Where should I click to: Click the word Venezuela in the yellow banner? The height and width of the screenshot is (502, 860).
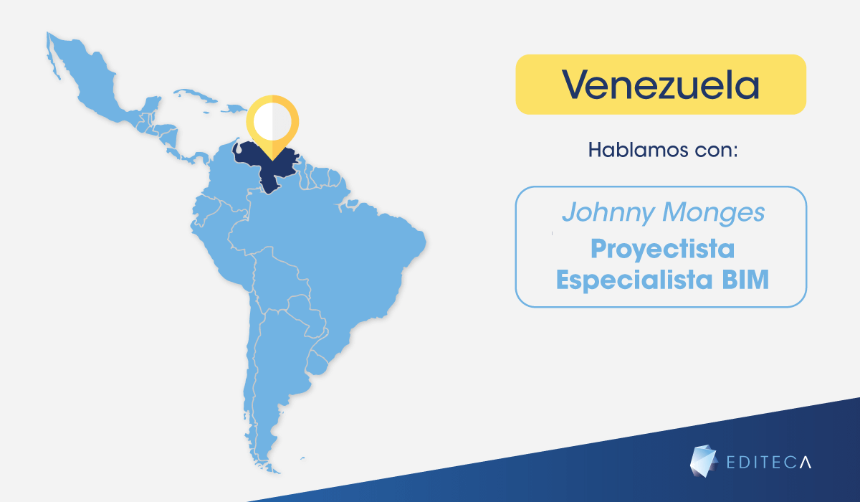(660, 85)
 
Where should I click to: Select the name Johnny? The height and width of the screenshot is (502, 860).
(608, 213)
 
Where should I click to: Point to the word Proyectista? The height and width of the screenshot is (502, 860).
(663, 250)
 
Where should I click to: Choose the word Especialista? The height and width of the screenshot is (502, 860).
(634, 280)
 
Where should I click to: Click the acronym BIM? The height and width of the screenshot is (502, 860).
(745, 280)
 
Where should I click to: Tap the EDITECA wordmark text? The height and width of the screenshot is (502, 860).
(769, 463)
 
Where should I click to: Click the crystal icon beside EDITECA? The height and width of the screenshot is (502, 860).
(704, 461)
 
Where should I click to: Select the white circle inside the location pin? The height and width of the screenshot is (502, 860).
(272, 122)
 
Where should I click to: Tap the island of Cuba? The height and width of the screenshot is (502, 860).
(195, 95)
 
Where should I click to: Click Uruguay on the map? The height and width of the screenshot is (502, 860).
(317, 363)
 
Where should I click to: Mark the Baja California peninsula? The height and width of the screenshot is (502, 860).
(53, 57)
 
